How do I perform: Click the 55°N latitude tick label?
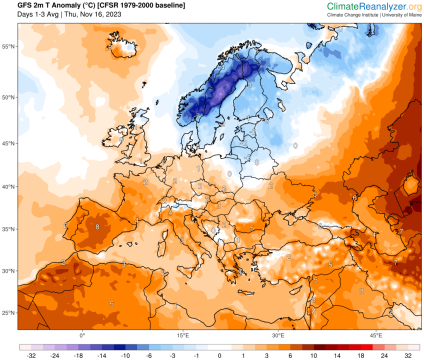click(8, 46)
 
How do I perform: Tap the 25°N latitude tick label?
click(8, 313)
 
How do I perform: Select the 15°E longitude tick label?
click(182, 335)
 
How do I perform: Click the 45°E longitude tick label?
click(376, 335)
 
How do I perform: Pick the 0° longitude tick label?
click(82, 335)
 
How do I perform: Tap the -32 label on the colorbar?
click(31, 355)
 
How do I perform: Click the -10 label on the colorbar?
click(125, 355)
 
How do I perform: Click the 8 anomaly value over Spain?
click(97, 226)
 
